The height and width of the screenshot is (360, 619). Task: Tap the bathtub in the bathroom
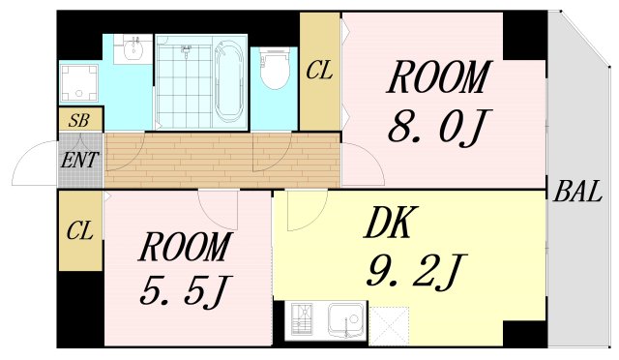tap(229, 82)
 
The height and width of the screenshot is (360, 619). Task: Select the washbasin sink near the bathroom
tap(133, 48)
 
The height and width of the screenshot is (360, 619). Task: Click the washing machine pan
tap(79, 83)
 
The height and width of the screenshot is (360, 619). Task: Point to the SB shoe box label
tap(79, 121)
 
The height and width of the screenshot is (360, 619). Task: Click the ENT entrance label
tap(79, 160)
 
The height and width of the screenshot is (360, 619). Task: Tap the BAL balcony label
tap(577, 192)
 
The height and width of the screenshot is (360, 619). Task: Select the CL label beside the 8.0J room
tap(319, 71)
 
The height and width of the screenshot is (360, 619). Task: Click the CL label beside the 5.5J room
tap(79, 230)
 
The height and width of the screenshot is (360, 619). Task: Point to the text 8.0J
tap(438, 126)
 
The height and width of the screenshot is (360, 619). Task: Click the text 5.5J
tap(185, 291)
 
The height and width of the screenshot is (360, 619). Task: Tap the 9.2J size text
tap(416, 270)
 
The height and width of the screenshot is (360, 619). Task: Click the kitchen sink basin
tap(346, 321)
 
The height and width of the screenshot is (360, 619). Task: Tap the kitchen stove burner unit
tap(302, 319)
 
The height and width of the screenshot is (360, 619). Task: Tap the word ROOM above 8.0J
tap(438, 77)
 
